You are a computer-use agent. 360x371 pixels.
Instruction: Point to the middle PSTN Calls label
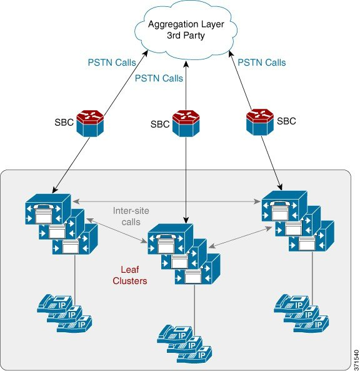click(x=159, y=79)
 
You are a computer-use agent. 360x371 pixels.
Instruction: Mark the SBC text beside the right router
click(x=286, y=119)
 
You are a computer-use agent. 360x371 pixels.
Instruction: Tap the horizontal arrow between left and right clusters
click(x=166, y=201)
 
